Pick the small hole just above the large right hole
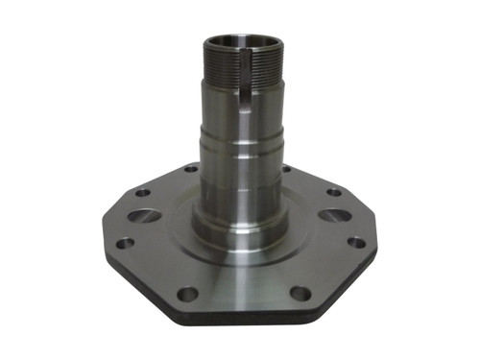pos(332,191)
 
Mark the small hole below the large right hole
pos(354,242)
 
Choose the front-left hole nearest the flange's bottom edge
pos(188,293)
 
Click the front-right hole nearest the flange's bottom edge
pos(300,293)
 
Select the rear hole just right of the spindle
pos(287,170)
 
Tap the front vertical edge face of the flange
pos(240,319)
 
